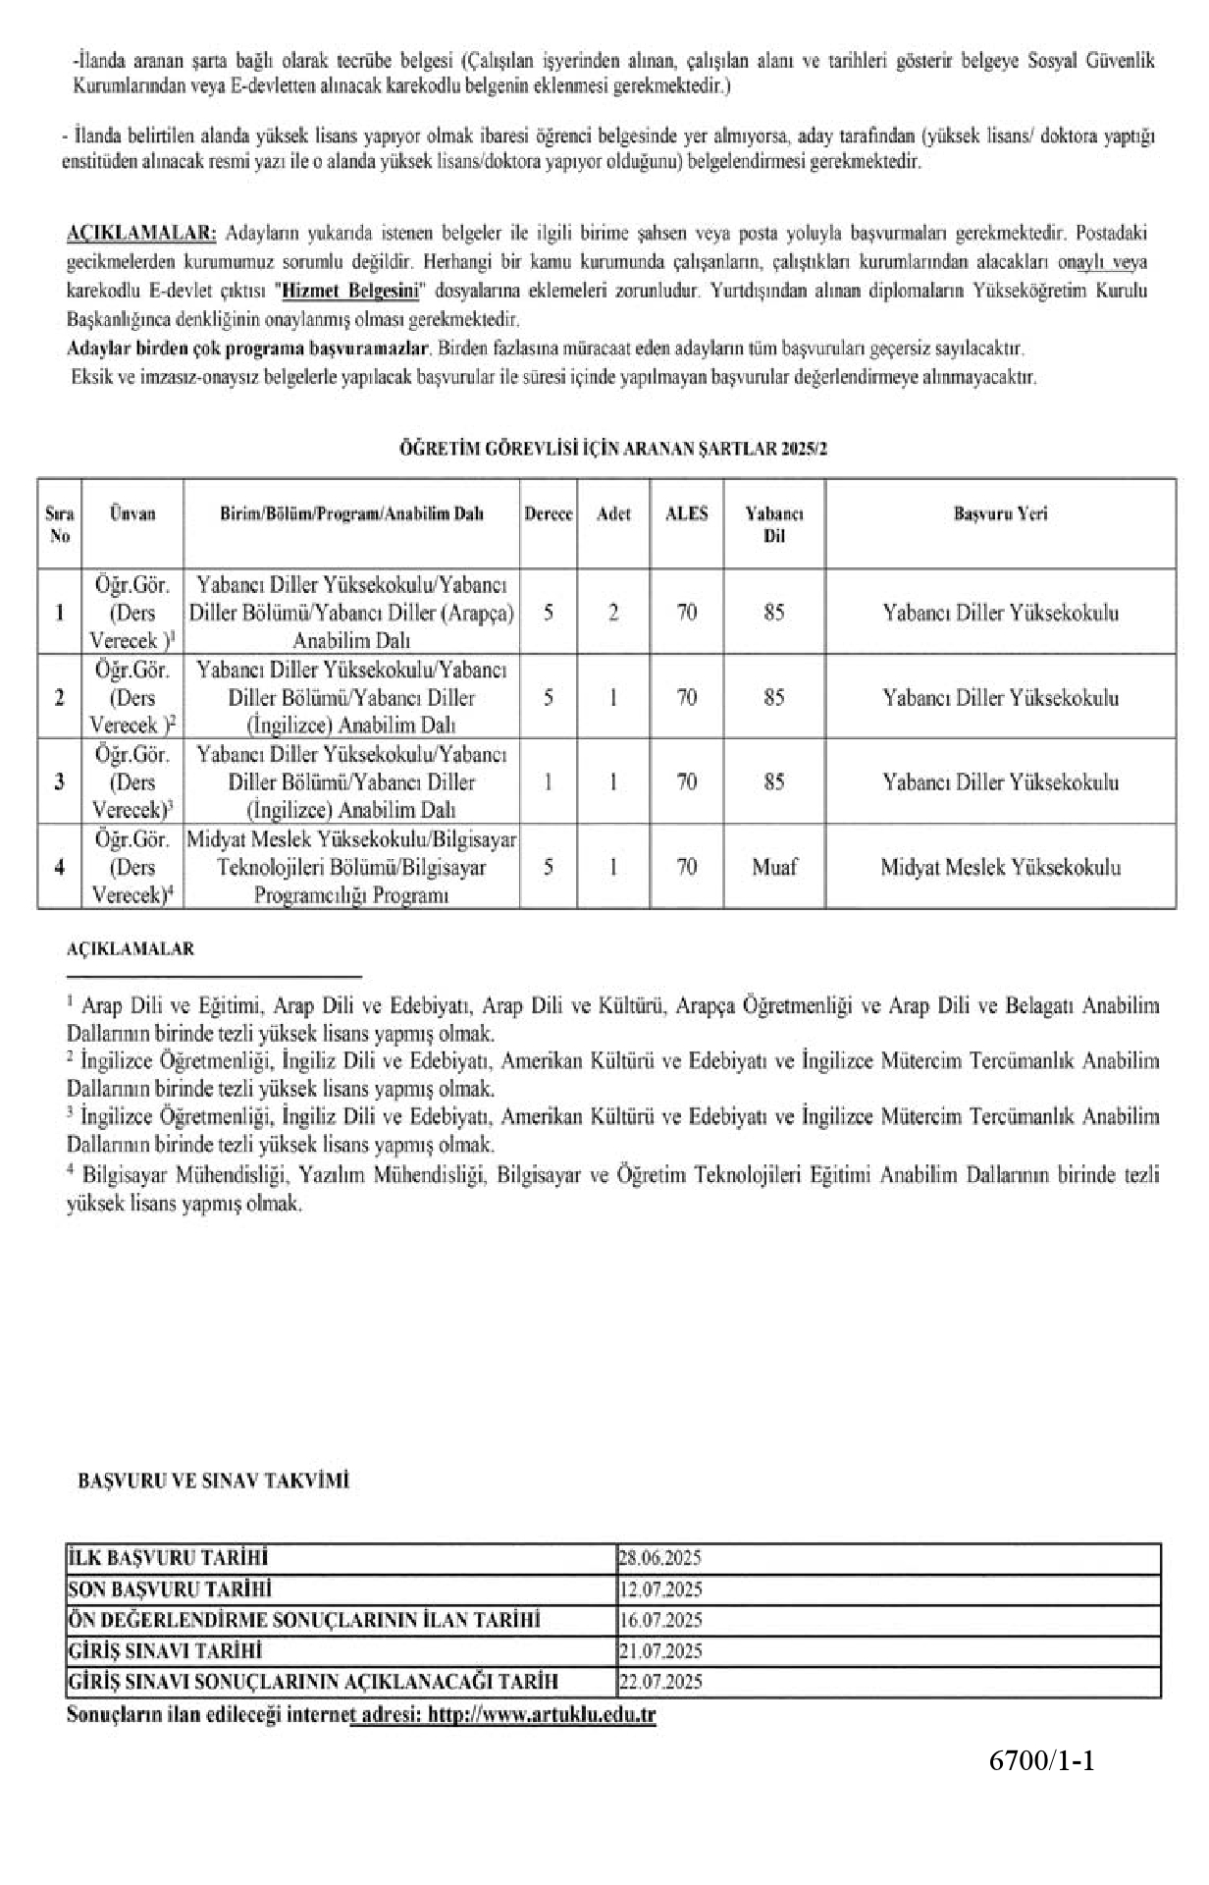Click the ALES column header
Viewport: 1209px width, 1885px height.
point(686,514)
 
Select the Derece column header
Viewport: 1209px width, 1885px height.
point(549,514)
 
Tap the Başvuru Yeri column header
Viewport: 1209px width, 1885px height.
point(1000,514)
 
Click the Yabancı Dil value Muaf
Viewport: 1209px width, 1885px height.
point(773,867)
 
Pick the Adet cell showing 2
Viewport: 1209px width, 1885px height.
point(613,613)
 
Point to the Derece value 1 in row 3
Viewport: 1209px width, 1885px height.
point(549,782)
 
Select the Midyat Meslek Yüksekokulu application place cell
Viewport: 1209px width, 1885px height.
point(1000,867)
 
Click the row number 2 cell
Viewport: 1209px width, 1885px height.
point(60,698)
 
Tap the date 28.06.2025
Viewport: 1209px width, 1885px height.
point(659,1558)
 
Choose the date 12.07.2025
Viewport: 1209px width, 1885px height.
point(659,1589)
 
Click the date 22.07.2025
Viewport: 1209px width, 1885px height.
point(659,1682)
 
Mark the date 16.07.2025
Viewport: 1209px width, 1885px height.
point(659,1620)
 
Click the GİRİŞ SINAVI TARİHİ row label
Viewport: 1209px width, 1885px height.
point(165,1651)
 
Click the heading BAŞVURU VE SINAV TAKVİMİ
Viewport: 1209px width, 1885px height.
point(213,1481)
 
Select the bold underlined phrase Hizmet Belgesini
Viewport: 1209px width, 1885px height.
point(349,291)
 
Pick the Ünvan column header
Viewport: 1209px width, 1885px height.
point(132,514)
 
